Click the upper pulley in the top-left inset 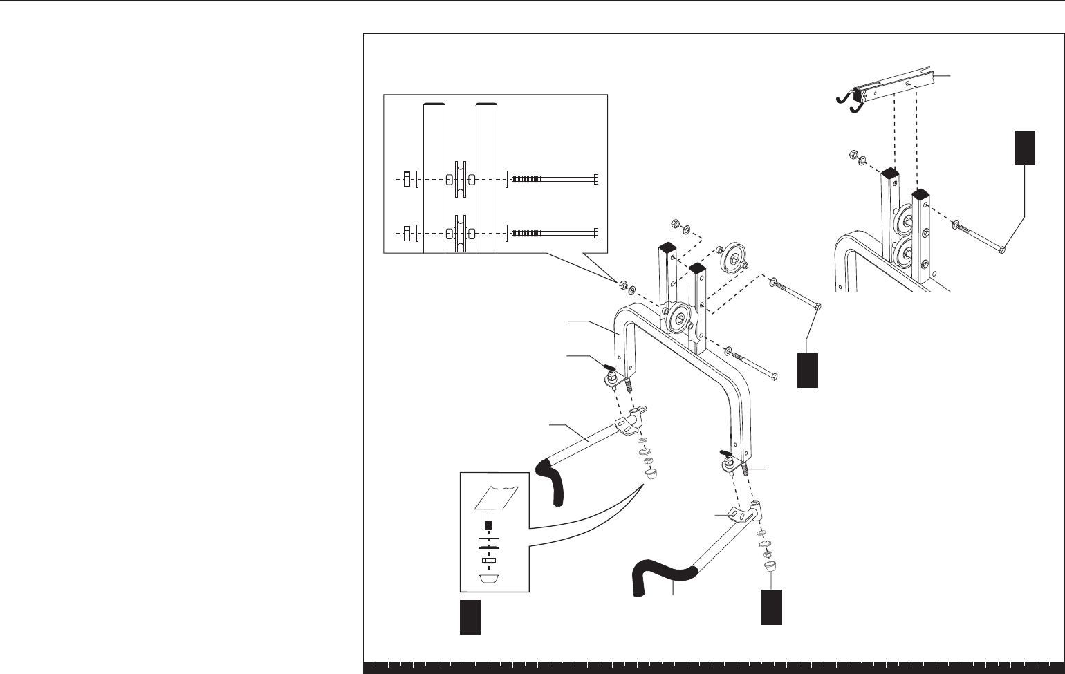click(x=460, y=179)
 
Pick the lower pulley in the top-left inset click(x=460, y=232)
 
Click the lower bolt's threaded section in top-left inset click(x=526, y=232)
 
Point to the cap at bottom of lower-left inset click(x=490, y=577)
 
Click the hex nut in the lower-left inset click(x=490, y=558)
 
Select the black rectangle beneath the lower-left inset click(x=470, y=617)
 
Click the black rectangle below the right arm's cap click(x=772, y=607)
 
